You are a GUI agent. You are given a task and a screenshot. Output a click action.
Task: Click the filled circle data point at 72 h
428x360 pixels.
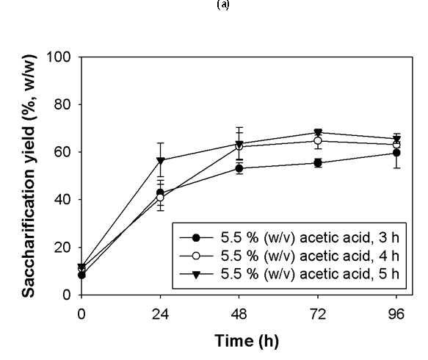pyautogui.click(x=318, y=163)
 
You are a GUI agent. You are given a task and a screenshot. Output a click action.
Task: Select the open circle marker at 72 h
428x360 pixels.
pyautogui.click(x=318, y=140)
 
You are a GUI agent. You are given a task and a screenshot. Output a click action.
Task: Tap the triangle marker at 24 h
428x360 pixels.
pyautogui.click(x=161, y=161)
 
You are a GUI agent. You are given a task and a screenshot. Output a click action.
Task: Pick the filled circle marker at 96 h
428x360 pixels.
pyautogui.click(x=396, y=153)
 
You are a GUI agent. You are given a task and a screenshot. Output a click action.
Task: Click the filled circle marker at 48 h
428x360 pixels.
pyautogui.click(x=239, y=169)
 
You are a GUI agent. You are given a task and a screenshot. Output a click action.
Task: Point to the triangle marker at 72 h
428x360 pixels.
pyautogui.click(x=318, y=132)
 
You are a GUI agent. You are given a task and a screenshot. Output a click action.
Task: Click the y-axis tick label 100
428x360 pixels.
pyautogui.click(x=59, y=57)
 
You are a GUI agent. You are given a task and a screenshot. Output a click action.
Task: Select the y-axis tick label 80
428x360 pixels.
pyautogui.click(x=62, y=104)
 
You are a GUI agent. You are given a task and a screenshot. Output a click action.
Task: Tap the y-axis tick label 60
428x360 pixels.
pyautogui.click(x=62, y=152)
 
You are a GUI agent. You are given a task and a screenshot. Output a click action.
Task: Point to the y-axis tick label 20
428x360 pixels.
pyautogui.click(x=62, y=248)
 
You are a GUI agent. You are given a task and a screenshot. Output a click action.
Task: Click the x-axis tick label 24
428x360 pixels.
pyautogui.click(x=160, y=314)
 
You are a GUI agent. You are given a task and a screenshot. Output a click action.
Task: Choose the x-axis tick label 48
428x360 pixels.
pyautogui.click(x=239, y=314)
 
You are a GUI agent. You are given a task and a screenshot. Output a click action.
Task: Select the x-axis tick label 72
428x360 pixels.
pyautogui.click(x=318, y=314)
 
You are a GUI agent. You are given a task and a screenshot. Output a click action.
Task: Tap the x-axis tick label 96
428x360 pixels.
pyautogui.click(x=396, y=314)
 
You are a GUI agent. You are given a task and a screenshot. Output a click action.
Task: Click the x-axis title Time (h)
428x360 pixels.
pyautogui.click(x=247, y=341)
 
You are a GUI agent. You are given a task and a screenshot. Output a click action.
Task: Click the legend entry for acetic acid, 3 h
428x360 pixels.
pyautogui.click(x=289, y=238)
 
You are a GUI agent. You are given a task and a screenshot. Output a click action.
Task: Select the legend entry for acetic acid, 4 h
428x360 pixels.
pyautogui.click(x=289, y=256)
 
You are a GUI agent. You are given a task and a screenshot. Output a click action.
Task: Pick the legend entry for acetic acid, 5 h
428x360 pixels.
pyautogui.click(x=289, y=274)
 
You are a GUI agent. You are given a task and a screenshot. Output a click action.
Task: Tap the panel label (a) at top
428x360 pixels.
pyautogui.click(x=223, y=4)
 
